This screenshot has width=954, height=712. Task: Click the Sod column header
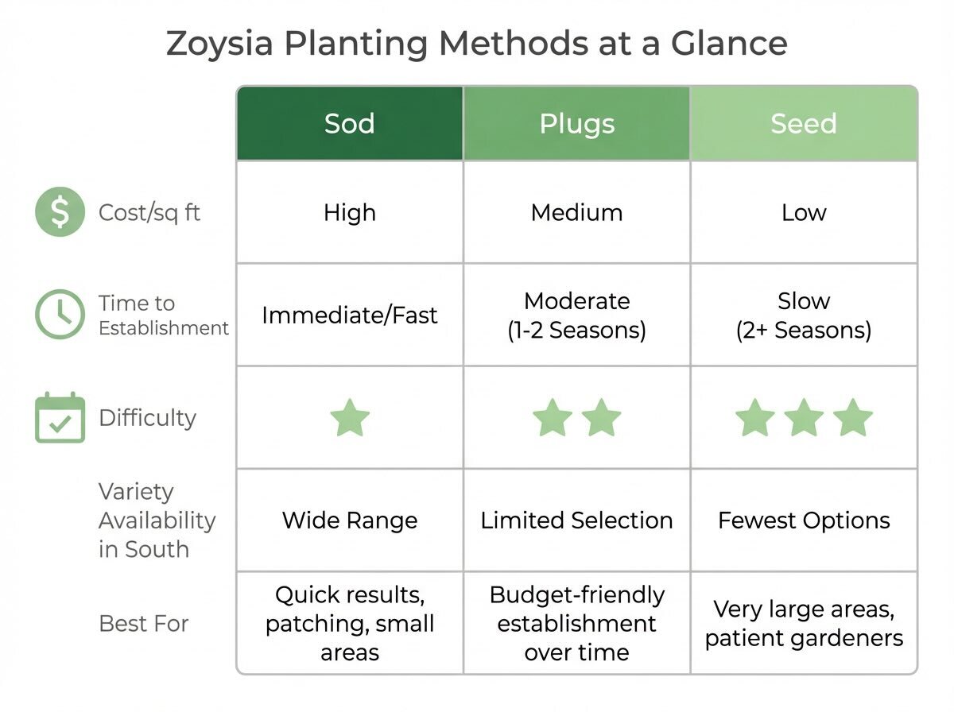point(350,124)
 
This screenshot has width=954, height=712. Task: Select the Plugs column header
point(576,124)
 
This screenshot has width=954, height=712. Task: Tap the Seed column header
point(803,124)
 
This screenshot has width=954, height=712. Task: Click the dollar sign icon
point(60,212)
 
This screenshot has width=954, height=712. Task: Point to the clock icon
point(60,315)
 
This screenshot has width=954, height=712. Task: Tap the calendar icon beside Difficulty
point(60,417)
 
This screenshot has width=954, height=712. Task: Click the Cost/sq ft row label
point(149,212)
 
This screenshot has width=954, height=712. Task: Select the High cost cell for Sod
point(350,212)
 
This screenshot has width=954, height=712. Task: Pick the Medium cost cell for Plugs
point(576,212)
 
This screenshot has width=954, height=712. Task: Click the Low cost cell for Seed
point(803,212)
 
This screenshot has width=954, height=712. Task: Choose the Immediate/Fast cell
point(350,315)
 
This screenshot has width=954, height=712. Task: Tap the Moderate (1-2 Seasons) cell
point(576,315)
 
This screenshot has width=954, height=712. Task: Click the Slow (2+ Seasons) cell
point(803,315)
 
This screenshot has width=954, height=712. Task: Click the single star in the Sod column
point(350,418)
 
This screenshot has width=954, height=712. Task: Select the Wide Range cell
point(350,520)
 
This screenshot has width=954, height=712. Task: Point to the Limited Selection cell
point(576,520)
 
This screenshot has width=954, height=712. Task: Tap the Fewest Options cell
point(803,520)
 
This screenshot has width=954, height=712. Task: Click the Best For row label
point(144,623)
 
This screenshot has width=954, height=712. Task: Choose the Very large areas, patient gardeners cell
point(803,623)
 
